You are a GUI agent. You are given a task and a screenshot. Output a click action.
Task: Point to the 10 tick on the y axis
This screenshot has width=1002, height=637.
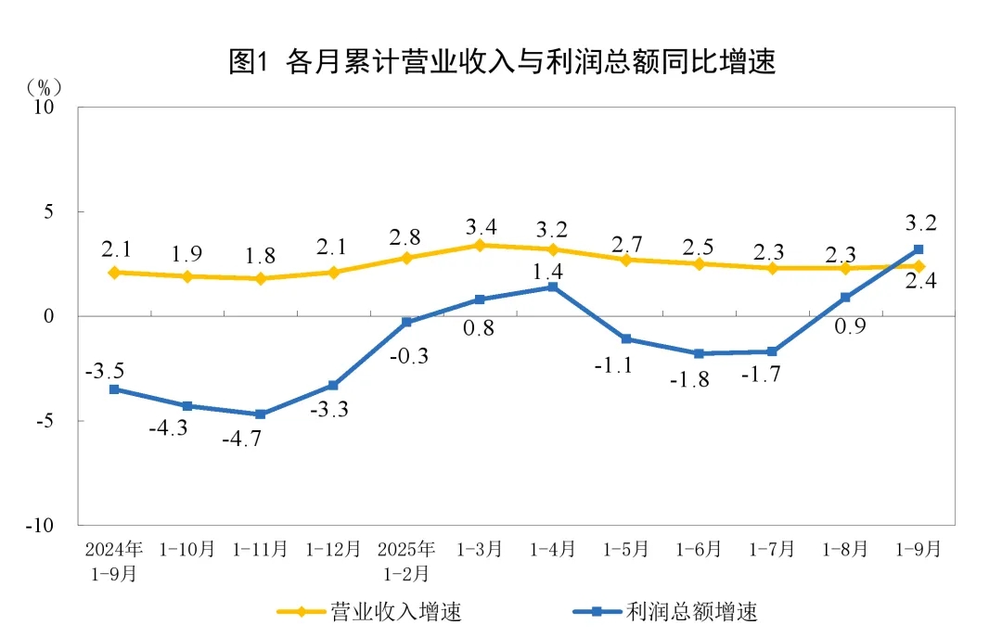pos(45,108)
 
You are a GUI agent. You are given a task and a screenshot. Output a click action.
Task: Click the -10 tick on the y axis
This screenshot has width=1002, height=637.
pos(42,526)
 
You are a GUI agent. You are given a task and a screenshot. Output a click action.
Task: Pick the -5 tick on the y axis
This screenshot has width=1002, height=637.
pos(45,421)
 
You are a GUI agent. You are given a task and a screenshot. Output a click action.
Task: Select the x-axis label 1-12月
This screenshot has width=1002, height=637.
pos(333,549)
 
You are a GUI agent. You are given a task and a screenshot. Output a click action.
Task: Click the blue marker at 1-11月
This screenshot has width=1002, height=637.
pos(260,414)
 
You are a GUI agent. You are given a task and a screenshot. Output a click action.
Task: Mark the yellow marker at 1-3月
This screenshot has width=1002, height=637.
pos(480,245)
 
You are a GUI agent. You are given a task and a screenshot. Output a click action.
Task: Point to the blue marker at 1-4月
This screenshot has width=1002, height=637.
pos(553,287)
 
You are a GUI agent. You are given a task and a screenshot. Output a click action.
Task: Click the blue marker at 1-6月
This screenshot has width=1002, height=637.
pos(699,353)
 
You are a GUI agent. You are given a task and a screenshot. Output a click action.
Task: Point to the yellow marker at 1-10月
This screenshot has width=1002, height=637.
pos(186,276)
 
